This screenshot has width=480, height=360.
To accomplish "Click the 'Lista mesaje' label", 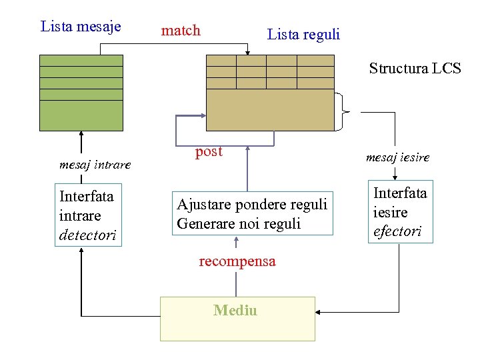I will coord(81,27).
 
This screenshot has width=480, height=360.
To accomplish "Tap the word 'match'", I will coord(181,30).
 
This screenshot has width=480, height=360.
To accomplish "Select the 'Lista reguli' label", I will coord(303,34).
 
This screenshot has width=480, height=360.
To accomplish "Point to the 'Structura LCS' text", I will coord(415,68).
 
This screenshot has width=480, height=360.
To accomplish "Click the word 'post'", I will coord(209,152).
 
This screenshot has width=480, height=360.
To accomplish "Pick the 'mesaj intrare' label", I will coord(95,164).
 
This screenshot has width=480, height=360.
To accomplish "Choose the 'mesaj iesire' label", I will coord(397,158).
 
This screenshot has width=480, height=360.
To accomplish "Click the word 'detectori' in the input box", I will coord(87,235).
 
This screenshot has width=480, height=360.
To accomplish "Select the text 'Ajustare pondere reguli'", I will coord(252,204).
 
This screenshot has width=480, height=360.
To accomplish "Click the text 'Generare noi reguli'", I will coord(239,223).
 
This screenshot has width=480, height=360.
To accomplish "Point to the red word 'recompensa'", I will coord(237,261).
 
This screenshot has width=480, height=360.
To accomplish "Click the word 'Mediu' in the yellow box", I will coord(235,310).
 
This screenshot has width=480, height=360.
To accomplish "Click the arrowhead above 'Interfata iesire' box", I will coord(396,176).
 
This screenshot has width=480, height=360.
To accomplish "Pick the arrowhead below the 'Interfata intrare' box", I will coord(81,251).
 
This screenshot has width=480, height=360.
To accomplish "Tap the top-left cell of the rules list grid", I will coord(221,61).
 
